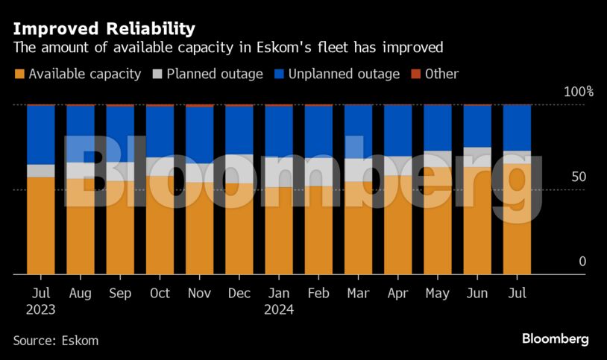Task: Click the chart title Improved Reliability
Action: [x=104, y=29]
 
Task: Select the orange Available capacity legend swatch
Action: [x=19, y=74]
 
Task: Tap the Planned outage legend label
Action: [x=215, y=74]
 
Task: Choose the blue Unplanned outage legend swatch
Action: [x=280, y=74]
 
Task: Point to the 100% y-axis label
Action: [x=578, y=92]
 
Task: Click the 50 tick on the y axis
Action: [x=578, y=177]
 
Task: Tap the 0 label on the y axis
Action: [x=582, y=262]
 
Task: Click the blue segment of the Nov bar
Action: [x=199, y=135]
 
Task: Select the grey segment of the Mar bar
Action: [x=358, y=170]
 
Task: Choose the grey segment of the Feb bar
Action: [x=318, y=171]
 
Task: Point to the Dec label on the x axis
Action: [x=239, y=294]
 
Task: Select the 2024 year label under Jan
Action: [x=279, y=310]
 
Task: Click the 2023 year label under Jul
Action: [x=40, y=310]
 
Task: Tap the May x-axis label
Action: [x=438, y=294]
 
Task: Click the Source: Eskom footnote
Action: [x=55, y=341]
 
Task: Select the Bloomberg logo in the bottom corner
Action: [x=555, y=339]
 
